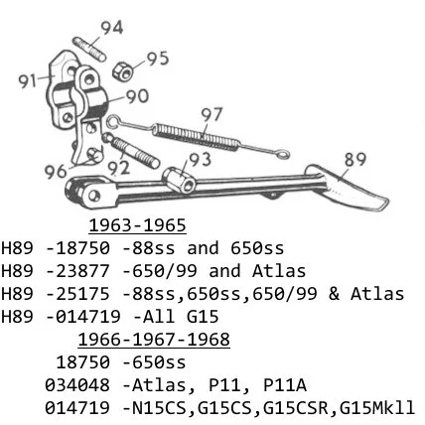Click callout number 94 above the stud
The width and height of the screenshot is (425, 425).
pos(112,28)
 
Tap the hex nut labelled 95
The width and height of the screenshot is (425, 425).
pos(123,71)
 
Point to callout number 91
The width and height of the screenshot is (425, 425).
pos(27,81)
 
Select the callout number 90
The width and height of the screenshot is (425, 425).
pos(137,96)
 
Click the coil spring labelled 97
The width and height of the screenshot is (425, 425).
pos(196,135)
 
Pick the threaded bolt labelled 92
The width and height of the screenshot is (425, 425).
pos(130,150)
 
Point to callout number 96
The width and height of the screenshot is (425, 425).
pos(56,172)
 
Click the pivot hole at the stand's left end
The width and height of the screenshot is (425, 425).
pos(94,195)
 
